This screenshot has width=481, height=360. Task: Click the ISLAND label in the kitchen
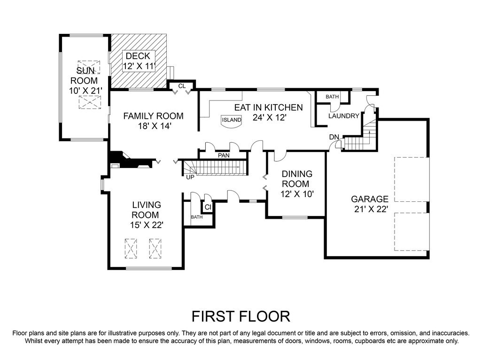point(232,120)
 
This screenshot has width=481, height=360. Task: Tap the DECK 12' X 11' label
point(139,61)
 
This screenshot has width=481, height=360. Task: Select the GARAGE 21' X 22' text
point(370,204)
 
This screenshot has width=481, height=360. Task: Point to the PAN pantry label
point(224,155)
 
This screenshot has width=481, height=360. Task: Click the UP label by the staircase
point(190,177)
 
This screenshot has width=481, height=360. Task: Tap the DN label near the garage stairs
point(334,137)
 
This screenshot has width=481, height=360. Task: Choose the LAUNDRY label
point(343,116)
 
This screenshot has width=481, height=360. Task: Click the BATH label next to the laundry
point(332,97)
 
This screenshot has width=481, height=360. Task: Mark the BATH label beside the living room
point(197,217)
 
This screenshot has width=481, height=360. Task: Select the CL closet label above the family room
point(182,86)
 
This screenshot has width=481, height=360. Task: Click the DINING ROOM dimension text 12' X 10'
point(297,194)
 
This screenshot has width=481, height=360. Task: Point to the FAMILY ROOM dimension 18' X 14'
point(154,126)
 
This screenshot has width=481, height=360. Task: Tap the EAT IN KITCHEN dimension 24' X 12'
point(269,117)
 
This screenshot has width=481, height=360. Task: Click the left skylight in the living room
point(131,249)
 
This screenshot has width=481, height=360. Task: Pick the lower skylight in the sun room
point(90,102)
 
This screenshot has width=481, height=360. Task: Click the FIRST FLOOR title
point(241,316)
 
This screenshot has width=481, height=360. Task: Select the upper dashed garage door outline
point(411,179)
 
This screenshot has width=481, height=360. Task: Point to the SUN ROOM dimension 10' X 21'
point(85,91)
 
